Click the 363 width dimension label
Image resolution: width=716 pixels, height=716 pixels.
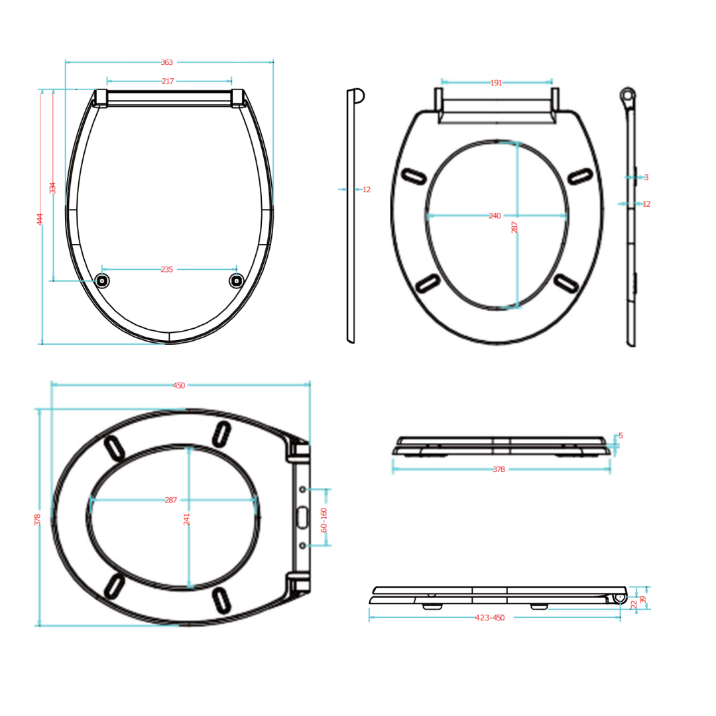point(166,62)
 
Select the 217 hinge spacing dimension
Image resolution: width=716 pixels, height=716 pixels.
point(167,82)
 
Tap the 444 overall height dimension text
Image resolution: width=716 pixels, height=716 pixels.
point(40,219)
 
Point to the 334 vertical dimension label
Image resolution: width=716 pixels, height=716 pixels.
point(53,188)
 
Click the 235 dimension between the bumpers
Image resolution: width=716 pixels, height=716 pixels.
point(166,269)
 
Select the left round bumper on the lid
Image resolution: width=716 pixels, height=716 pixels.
point(102,280)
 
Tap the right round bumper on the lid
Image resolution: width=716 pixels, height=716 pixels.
point(236,280)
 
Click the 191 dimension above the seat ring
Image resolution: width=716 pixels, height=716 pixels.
point(496,83)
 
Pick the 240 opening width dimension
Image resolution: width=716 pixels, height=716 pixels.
point(495,215)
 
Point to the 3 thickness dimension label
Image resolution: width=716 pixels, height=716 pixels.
point(646,178)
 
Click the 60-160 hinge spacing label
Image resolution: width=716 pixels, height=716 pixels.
point(324,520)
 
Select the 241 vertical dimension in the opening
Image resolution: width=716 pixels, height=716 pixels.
point(187,518)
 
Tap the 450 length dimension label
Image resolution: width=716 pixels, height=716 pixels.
point(179,385)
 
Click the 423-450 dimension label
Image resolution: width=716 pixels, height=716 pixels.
point(490,618)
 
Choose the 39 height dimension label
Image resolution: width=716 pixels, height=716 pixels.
point(642,599)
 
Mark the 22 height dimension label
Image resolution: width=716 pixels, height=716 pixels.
point(634,604)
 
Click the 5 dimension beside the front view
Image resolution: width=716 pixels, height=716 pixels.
point(621,436)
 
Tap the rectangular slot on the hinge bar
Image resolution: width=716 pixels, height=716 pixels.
point(302,517)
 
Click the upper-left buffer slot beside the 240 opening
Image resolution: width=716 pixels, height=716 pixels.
point(414,176)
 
